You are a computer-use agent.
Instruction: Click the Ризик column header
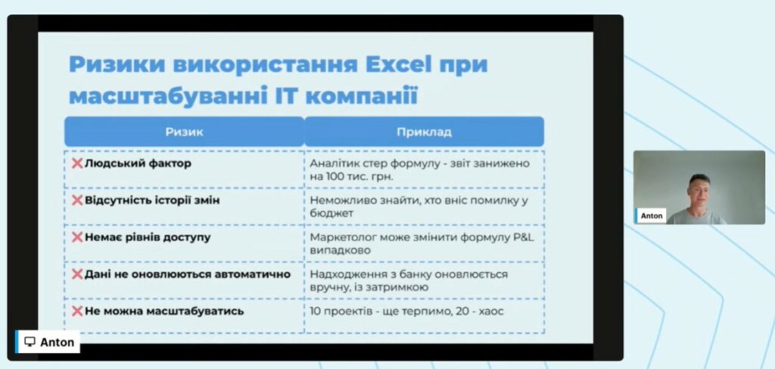pos(185,132)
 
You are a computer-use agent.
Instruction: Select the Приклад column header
pos(424,132)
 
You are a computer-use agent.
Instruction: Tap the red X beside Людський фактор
pos(77,163)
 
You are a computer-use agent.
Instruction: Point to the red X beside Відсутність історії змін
pos(77,200)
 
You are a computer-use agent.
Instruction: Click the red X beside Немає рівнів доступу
pos(77,237)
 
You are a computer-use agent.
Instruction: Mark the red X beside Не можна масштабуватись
pos(77,312)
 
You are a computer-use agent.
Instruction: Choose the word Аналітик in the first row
pos(333,163)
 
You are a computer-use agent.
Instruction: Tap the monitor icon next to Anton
pos(30,342)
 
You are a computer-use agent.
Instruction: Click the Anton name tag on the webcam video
pos(652,216)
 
